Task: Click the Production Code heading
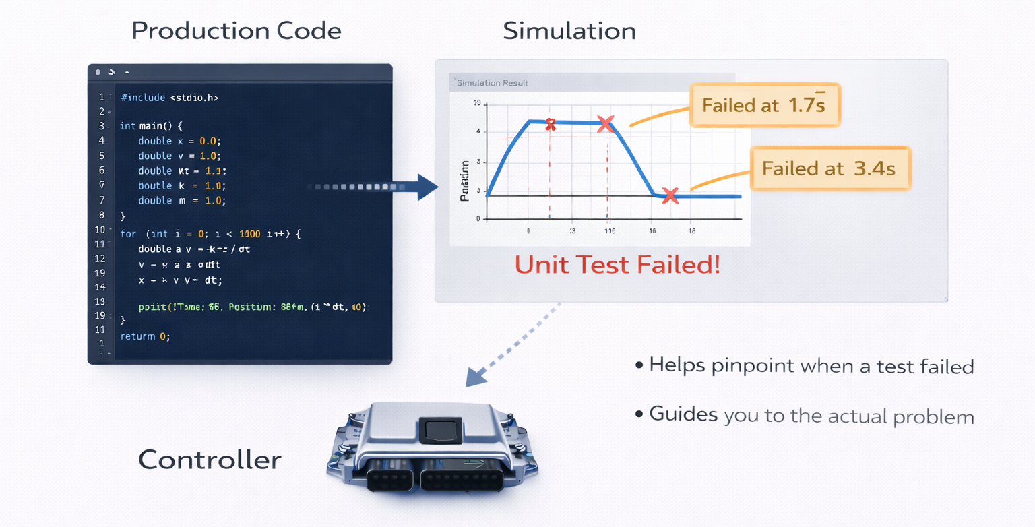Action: tap(236, 31)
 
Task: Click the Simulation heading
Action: tap(569, 31)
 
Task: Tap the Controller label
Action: tap(210, 460)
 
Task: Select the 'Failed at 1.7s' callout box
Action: tap(764, 105)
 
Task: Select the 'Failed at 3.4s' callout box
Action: tap(829, 168)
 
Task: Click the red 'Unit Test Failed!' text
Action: tap(617, 265)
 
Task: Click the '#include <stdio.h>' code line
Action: tap(169, 98)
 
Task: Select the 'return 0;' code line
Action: tap(145, 336)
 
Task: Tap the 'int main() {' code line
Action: tap(152, 126)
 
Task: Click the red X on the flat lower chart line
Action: tap(670, 195)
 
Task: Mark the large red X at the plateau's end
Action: tap(606, 123)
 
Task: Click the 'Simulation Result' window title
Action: tap(492, 83)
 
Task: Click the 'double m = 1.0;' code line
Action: tap(181, 201)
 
